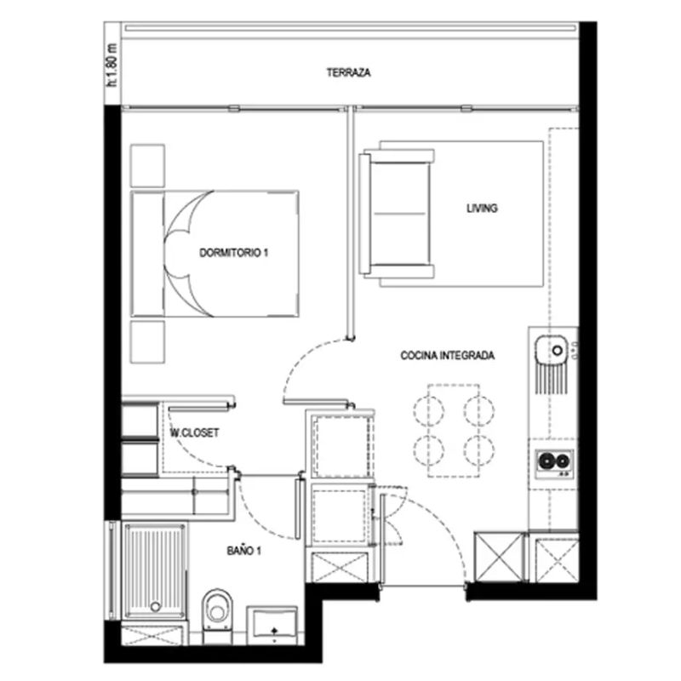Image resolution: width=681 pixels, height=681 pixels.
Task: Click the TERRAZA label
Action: coord(348,72)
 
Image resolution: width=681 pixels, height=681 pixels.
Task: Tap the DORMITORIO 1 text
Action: coord(233,252)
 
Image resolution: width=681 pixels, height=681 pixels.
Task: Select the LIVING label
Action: coord(482,209)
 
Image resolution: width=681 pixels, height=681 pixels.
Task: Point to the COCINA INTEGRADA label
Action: coord(448,356)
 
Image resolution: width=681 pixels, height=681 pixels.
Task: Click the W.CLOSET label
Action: coord(194,432)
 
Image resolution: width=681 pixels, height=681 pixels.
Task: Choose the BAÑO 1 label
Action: coord(243,551)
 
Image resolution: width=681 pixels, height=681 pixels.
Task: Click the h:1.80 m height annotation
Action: coord(112,65)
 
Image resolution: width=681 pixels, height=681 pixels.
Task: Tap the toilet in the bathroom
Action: coord(217,615)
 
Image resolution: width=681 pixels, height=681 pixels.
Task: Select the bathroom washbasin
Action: coord(272,625)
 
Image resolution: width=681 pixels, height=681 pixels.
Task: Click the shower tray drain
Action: coord(155,606)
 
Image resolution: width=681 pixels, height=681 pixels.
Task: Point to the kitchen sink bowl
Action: coord(551,350)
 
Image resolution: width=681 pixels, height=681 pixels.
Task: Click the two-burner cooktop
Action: coord(554,463)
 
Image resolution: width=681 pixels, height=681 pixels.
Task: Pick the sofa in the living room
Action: coord(396,214)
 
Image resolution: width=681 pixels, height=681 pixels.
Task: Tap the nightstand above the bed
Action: coord(147,166)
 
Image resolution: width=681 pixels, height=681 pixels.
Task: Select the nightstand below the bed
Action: coord(147,342)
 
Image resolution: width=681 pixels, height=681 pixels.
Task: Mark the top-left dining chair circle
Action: coord(429,411)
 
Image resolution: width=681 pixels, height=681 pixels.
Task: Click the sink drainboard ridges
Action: coord(551,379)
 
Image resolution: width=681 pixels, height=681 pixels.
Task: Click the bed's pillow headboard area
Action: coord(147,254)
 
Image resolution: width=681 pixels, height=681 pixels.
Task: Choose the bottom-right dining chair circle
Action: coord(478,450)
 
